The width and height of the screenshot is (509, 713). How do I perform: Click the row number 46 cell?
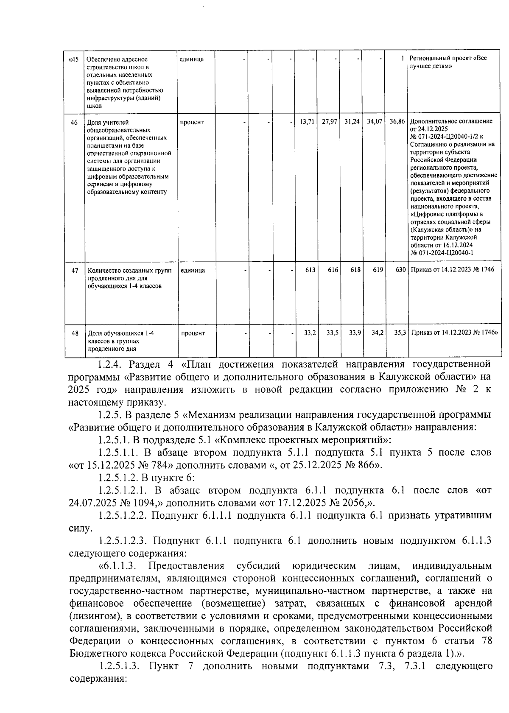tap(74, 122)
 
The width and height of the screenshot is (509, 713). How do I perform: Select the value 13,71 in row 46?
tap(307, 122)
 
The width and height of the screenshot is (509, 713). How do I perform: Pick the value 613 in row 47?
tap(310, 270)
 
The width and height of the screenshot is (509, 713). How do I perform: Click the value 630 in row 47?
tap(400, 270)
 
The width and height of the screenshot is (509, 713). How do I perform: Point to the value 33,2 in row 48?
tap(310, 333)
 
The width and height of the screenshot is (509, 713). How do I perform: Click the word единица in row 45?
tap(192, 59)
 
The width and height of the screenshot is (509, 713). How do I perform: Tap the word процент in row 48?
tap(193, 333)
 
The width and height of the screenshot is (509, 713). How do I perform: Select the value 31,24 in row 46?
tap(352, 122)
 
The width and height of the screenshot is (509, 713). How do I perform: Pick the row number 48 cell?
tap(75, 333)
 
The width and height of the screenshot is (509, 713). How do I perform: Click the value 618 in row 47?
tap(355, 270)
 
